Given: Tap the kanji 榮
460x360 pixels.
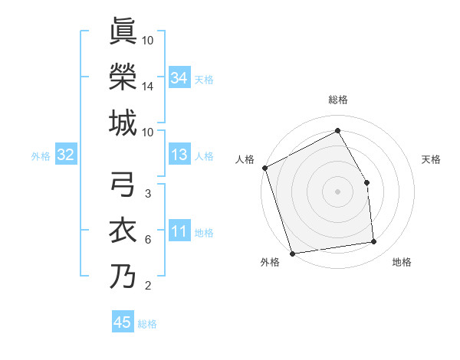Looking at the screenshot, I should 123,77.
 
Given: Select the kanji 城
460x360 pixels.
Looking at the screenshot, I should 123,123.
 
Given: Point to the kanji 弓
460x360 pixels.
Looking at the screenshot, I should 123,185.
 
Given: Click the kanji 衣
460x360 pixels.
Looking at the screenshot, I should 123,231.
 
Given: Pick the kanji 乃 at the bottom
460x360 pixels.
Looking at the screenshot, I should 123,277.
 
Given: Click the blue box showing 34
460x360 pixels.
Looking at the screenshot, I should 179,77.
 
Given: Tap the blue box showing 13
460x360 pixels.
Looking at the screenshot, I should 179,155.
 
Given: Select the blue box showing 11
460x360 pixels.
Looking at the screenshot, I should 179,232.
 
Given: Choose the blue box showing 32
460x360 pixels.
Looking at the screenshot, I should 65,155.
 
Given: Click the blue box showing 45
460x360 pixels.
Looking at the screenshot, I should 123,322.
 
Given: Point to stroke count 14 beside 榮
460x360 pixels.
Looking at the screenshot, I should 148,87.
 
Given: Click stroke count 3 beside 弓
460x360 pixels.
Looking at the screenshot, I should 148,194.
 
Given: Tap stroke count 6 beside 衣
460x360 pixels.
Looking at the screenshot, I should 148,240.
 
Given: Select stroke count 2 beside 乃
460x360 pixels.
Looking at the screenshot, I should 148,286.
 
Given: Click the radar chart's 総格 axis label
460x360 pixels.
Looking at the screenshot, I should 337,100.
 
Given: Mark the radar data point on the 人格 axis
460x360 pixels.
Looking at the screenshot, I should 264,168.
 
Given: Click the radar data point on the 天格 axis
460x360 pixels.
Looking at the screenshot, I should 366,182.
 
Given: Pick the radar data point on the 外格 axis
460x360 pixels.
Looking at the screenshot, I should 292,253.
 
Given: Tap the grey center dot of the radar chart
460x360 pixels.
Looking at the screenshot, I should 337,191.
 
